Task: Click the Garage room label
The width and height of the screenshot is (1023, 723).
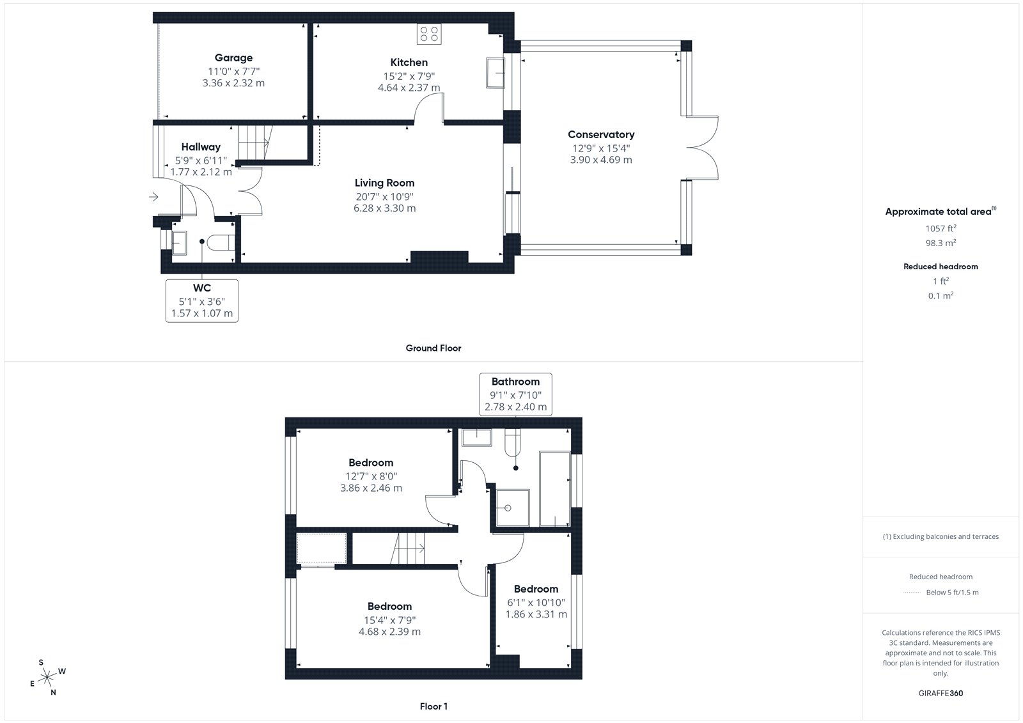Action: (x=233, y=58)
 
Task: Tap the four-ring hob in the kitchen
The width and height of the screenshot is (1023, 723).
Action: (x=429, y=34)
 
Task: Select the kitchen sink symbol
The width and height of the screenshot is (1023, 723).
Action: (x=495, y=73)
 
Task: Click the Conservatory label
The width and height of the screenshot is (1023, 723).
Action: (x=601, y=134)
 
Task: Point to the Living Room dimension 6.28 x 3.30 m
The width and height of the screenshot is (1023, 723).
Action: (x=384, y=208)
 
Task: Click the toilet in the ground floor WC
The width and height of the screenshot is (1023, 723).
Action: (x=221, y=242)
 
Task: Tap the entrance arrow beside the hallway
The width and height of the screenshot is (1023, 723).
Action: (x=153, y=197)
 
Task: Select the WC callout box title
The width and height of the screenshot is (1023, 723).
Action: (x=202, y=288)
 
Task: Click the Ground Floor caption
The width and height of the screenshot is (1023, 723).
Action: (x=433, y=348)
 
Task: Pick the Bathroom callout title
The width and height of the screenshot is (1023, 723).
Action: (x=515, y=382)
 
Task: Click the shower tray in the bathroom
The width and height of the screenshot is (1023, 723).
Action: (x=513, y=508)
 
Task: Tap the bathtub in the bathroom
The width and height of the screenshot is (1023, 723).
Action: (x=555, y=488)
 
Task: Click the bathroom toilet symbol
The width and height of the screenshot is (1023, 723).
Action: (x=512, y=442)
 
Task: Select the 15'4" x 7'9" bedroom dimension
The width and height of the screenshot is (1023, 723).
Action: (x=389, y=620)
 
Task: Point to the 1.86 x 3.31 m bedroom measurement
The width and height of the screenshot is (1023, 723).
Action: (x=536, y=614)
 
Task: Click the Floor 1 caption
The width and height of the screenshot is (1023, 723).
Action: (x=433, y=706)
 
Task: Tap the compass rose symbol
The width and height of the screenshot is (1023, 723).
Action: (x=47, y=677)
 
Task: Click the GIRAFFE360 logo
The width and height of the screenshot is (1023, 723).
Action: (x=941, y=693)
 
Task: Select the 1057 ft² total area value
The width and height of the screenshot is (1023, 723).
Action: (x=941, y=228)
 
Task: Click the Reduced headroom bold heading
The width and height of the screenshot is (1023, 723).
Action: (x=941, y=267)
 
